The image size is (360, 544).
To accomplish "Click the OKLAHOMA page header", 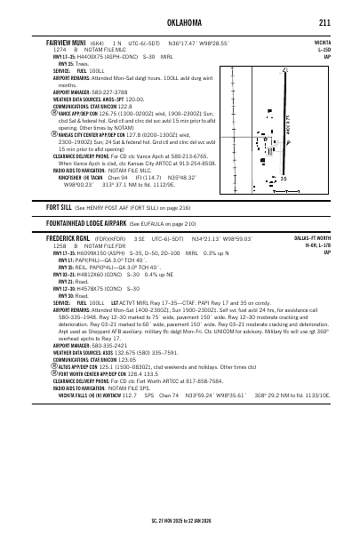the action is click(179, 22).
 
